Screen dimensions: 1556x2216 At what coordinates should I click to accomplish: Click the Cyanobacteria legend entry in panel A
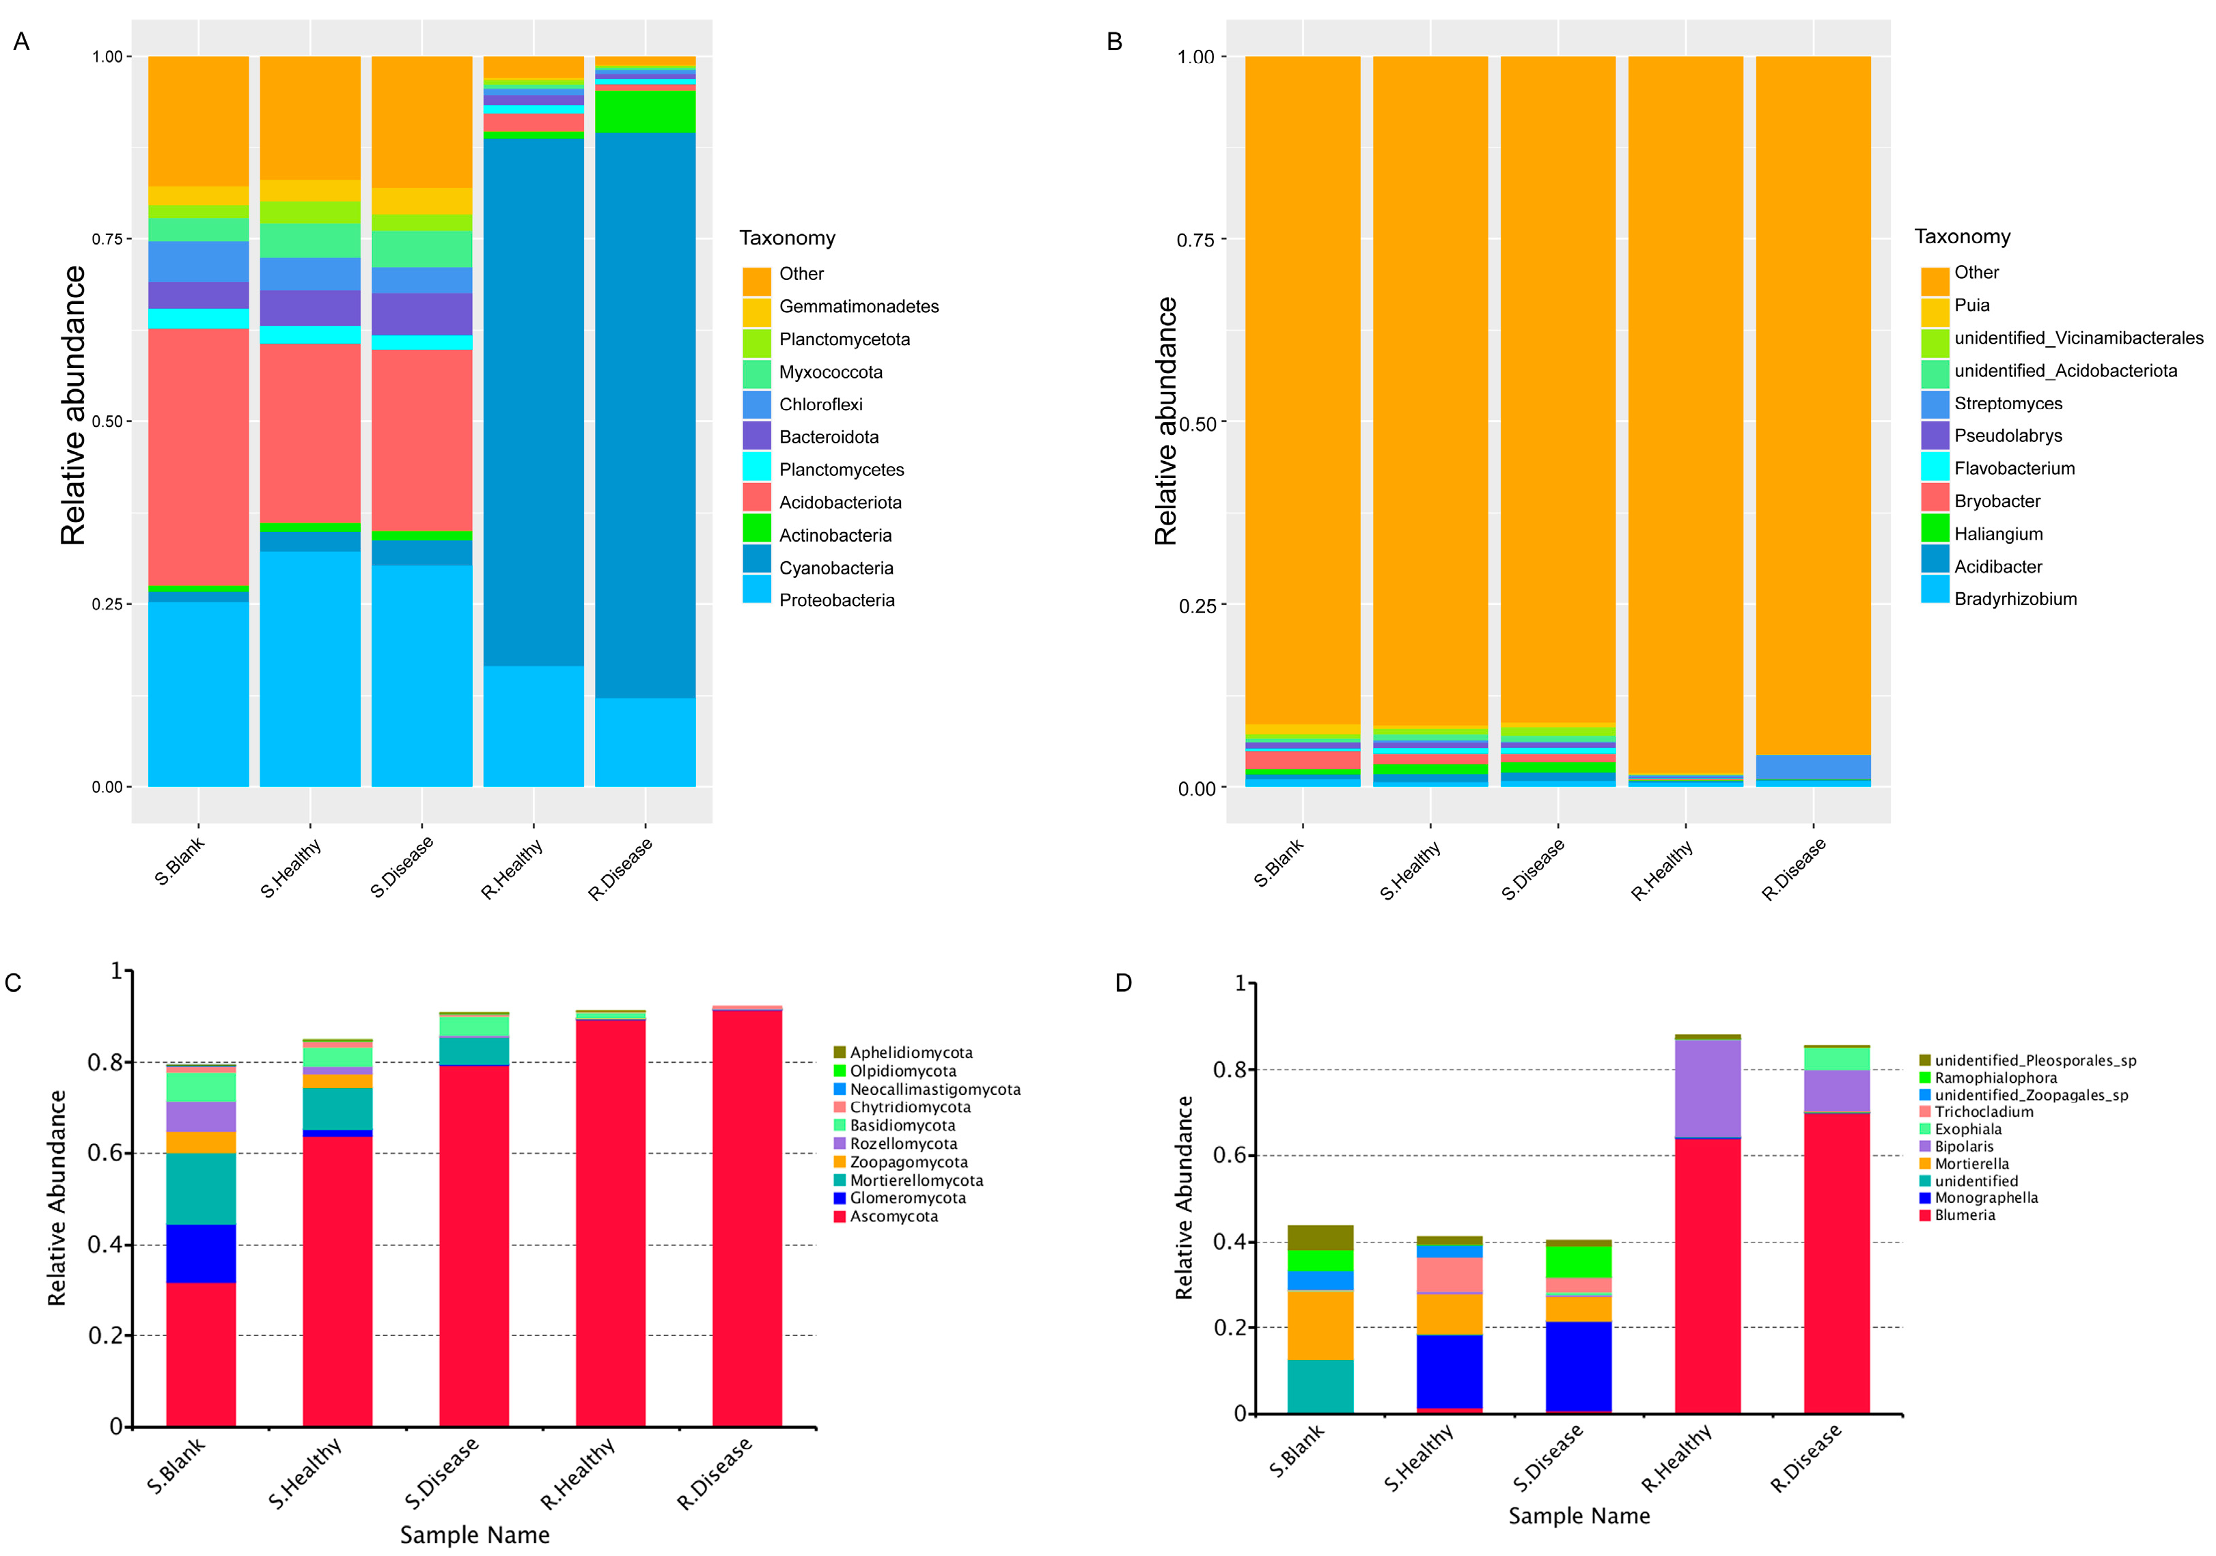(x=836, y=568)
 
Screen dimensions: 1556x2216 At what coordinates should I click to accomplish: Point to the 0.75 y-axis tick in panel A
(x=107, y=238)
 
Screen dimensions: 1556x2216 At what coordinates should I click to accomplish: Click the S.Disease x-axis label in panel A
(x=402, y=866)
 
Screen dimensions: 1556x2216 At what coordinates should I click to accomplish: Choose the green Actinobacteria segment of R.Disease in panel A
(x=645, y=111)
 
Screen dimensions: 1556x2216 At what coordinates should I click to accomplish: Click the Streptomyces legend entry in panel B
(x=2008, y=404)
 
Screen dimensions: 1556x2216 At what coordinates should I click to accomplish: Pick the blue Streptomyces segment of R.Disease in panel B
(x=1812, y=766)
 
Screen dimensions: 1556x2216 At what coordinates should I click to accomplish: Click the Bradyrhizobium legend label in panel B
(x=2015, y=598)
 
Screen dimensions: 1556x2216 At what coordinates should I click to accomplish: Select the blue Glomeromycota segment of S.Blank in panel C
(x=201, y=1253)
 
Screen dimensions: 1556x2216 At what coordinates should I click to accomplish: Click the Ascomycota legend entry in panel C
(x=893, y=1217)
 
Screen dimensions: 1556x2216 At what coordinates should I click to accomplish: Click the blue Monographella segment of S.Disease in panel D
(x=1578, y=1366)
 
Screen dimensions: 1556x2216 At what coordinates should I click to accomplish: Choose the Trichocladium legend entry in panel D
(x=1983, y=1112)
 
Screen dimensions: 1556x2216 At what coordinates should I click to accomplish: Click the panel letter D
(x=1124, y=983)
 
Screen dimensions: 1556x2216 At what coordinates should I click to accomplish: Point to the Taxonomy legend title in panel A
(x=787, y=238)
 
